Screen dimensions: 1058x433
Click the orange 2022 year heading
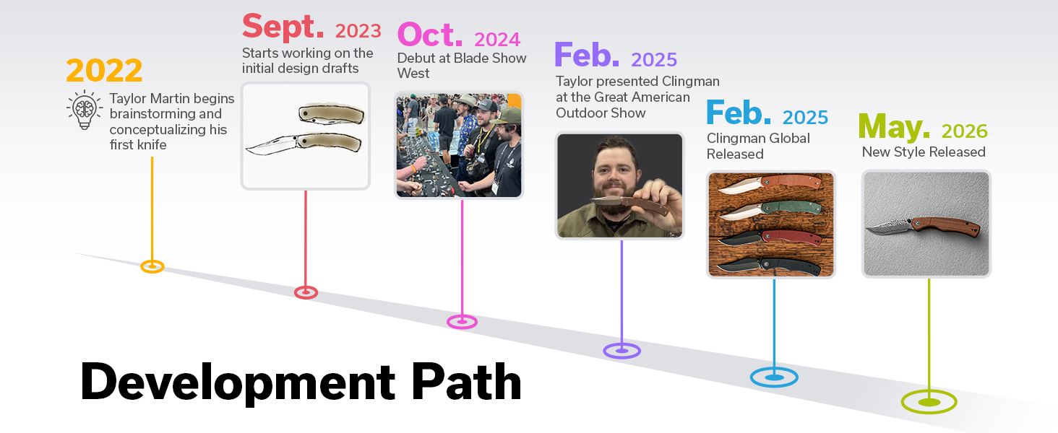pyautogui.click(x=104, y=70)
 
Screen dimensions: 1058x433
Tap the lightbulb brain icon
pyautogui.click(x=85, y=110)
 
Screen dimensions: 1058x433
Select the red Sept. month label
pyautogui.click(x=283, y=27)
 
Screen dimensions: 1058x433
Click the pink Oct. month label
pyautogui.click(x=430, y=35)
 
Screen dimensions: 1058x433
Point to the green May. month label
pyautogui.click(x=894, y=127)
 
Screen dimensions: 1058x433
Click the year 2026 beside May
pyautogui.click(x=965, y=131)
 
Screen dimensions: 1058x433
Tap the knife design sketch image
pyautogui.click(x=306, y=136)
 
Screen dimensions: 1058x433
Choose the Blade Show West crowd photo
pyautogui.click(x=459, y=145)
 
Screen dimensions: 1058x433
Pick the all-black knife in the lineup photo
pyautogui.click(x=770, y=266)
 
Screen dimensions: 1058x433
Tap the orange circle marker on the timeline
pyautogui.click(x=152, y=266)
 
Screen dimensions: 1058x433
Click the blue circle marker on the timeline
pyautogui.click(x=774, y=377)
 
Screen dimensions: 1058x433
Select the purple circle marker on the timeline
pyautogui.click(x=622, y=351)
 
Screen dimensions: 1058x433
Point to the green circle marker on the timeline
pyautogui.click(x=929, y=402)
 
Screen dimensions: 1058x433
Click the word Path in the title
pyautogui.click(x=466, y=382)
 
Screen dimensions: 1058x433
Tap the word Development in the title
pyautogui.click(x=238, y=383)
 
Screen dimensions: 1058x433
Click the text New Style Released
pyautogui.click(x=924, y=152)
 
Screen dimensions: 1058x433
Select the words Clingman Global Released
pyautogui.click(x=758, y=146)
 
